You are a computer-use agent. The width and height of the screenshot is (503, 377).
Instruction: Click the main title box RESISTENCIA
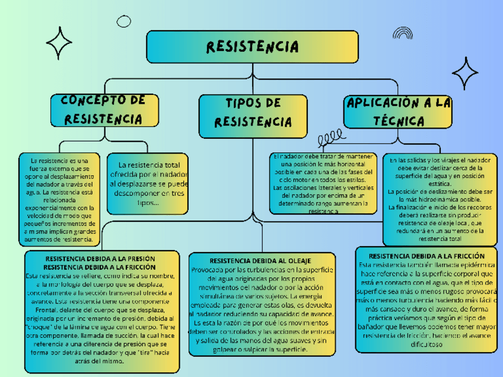(x=252, y=46)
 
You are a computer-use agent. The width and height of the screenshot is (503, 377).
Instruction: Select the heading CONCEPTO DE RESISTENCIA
(x=104, y=109)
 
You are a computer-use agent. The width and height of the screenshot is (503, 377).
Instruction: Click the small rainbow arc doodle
(x=402, y=33)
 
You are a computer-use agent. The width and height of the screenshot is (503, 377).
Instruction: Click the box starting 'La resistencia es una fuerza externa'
(x=58, y=200)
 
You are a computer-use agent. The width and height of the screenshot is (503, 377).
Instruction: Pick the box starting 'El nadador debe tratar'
(x=323, y=183)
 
